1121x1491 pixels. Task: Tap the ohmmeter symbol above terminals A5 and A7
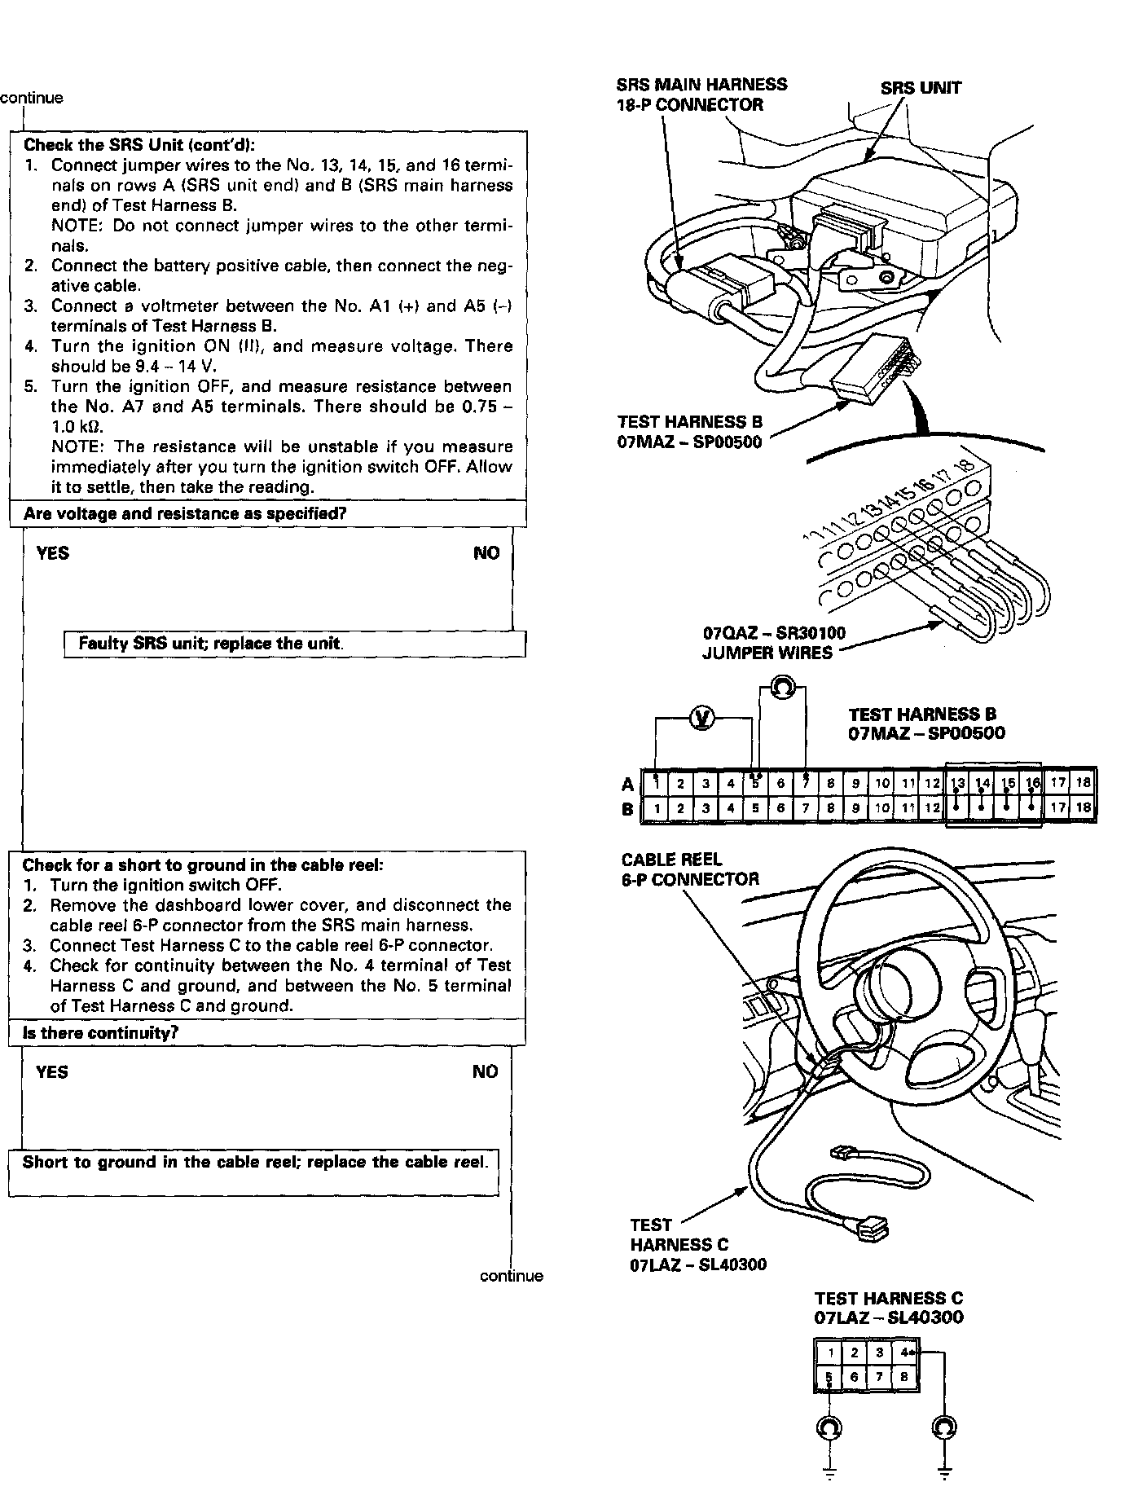point(781,688)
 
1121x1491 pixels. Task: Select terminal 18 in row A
point(1083,784)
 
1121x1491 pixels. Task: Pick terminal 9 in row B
point(855,809)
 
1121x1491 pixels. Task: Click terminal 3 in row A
point(706,784)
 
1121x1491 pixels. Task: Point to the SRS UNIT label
point(920,88)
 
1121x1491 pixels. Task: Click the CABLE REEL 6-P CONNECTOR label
point(689,869)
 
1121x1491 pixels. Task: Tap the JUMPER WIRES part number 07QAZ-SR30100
point(773,633)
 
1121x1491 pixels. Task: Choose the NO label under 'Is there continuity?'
point(485,1072)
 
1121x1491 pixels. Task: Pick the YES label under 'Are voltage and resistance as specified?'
point(53,554)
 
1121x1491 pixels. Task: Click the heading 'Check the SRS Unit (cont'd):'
point(139,146)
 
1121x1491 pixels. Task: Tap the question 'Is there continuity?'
point(100,1033)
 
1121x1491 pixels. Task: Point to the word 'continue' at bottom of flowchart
point(511,1276)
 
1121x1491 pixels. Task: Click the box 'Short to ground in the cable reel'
point(254,1163)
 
